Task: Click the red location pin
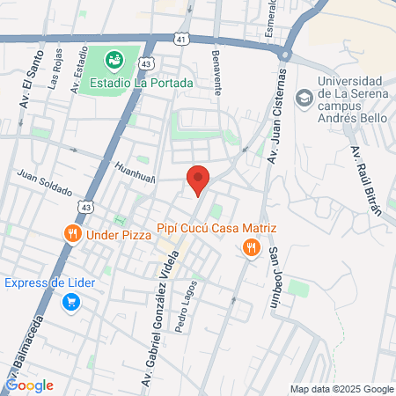(x=198, y=180)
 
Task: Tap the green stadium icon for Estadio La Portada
(x=114, y=60)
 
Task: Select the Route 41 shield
(x=181, y=40)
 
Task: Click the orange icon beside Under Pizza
(x=71, y=234)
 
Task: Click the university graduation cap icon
(x=305, y=97)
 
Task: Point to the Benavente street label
(x=216, y=70)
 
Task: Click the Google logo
(x=30, y=385)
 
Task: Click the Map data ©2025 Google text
(x=342, y=389)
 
